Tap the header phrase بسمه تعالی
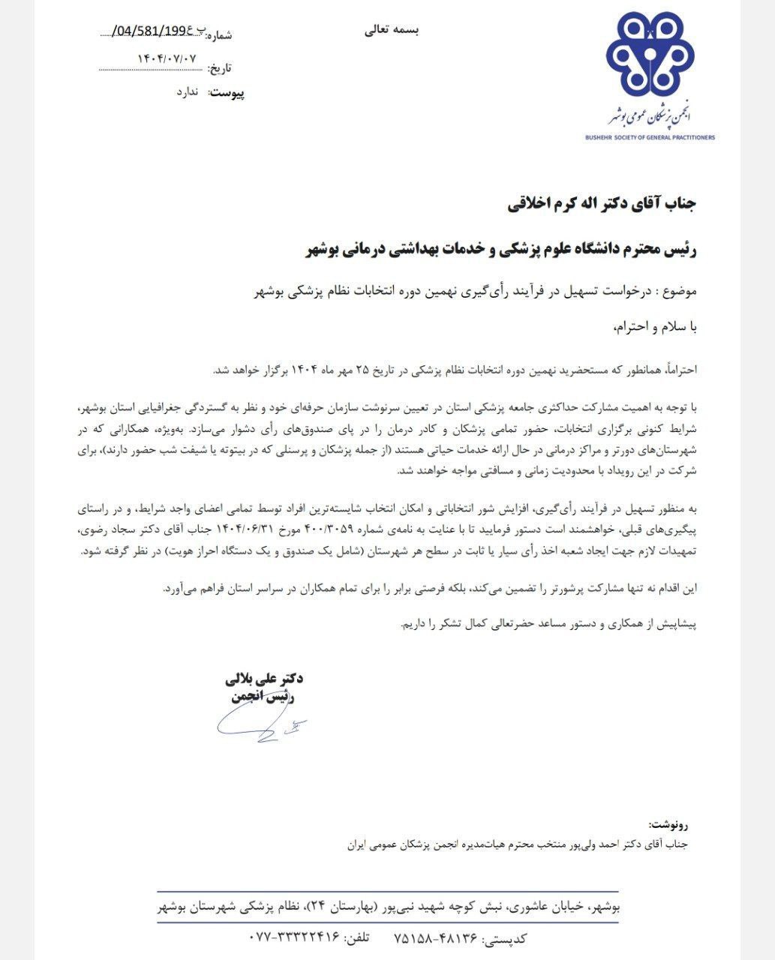(392, 30)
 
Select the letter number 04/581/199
(155, 31)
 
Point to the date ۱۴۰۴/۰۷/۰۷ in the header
(167, 58)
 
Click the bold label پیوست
(227, 93)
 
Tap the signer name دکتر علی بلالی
(263, 679)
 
